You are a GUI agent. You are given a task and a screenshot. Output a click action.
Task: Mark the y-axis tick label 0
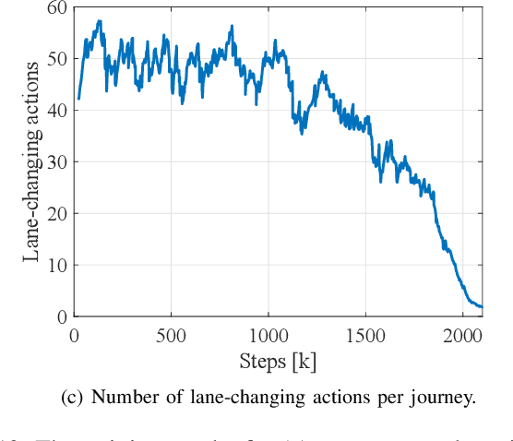[x=60, y=316]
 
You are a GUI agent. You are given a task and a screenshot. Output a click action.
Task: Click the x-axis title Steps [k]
[x=278, y=360]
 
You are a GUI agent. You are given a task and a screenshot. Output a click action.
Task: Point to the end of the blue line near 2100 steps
[x=481, y=306]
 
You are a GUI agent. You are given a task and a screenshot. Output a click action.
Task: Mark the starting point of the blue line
[x=79, y=98]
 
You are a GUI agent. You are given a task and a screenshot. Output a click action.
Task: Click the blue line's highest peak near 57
[x=100, y=21]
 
